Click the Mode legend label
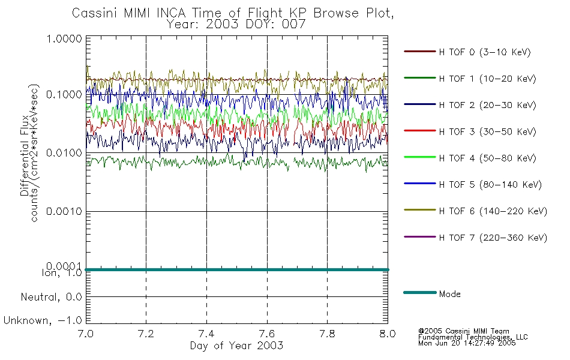[x=449, y=294]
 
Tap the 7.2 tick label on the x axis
[x=146, y=334]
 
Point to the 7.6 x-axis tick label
[x=267, y=334]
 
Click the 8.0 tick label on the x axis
[x=388, y=334]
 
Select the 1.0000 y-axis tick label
[x=64, y=38]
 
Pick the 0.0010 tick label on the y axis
[x=64, y=211]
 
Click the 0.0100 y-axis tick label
[x=64, y=153]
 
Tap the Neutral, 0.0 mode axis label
[x=51, y=298]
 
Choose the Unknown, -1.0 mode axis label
[x=43, y=321]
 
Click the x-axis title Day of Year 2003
[x=236, y=346]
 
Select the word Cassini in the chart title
[x=95, y=13]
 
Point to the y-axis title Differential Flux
[x=25, y=155]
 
